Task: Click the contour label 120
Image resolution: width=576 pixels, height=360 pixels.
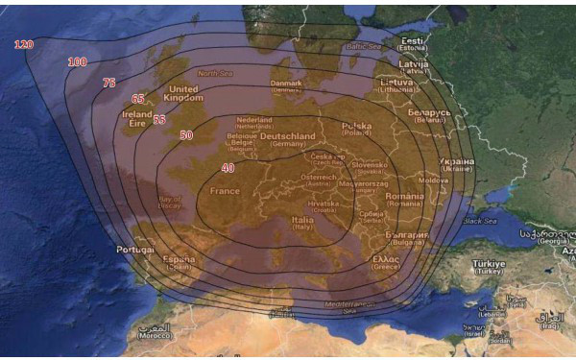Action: (x=24, y=44)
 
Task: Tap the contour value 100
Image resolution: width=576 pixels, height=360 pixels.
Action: (x=77, y=62)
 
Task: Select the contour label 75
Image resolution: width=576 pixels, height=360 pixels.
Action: (x=108, y=84)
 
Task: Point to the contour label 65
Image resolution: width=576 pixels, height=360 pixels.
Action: (x=138, y=99)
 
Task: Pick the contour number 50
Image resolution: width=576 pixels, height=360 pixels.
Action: (x=186, y=135)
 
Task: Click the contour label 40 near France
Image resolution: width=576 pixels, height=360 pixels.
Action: (x=228, y=168)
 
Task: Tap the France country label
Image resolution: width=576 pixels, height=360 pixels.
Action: (x=225, y=191)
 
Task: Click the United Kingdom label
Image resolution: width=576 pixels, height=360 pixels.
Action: (x=182, y=93)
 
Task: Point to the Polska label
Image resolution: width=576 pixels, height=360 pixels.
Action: (x=356, y=127)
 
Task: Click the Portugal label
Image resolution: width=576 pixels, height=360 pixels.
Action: (x=134, y=249)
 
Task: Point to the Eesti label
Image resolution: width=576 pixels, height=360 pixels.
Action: (x=414, y=41)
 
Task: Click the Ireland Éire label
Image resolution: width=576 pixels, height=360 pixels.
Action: (x=137, y=118)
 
